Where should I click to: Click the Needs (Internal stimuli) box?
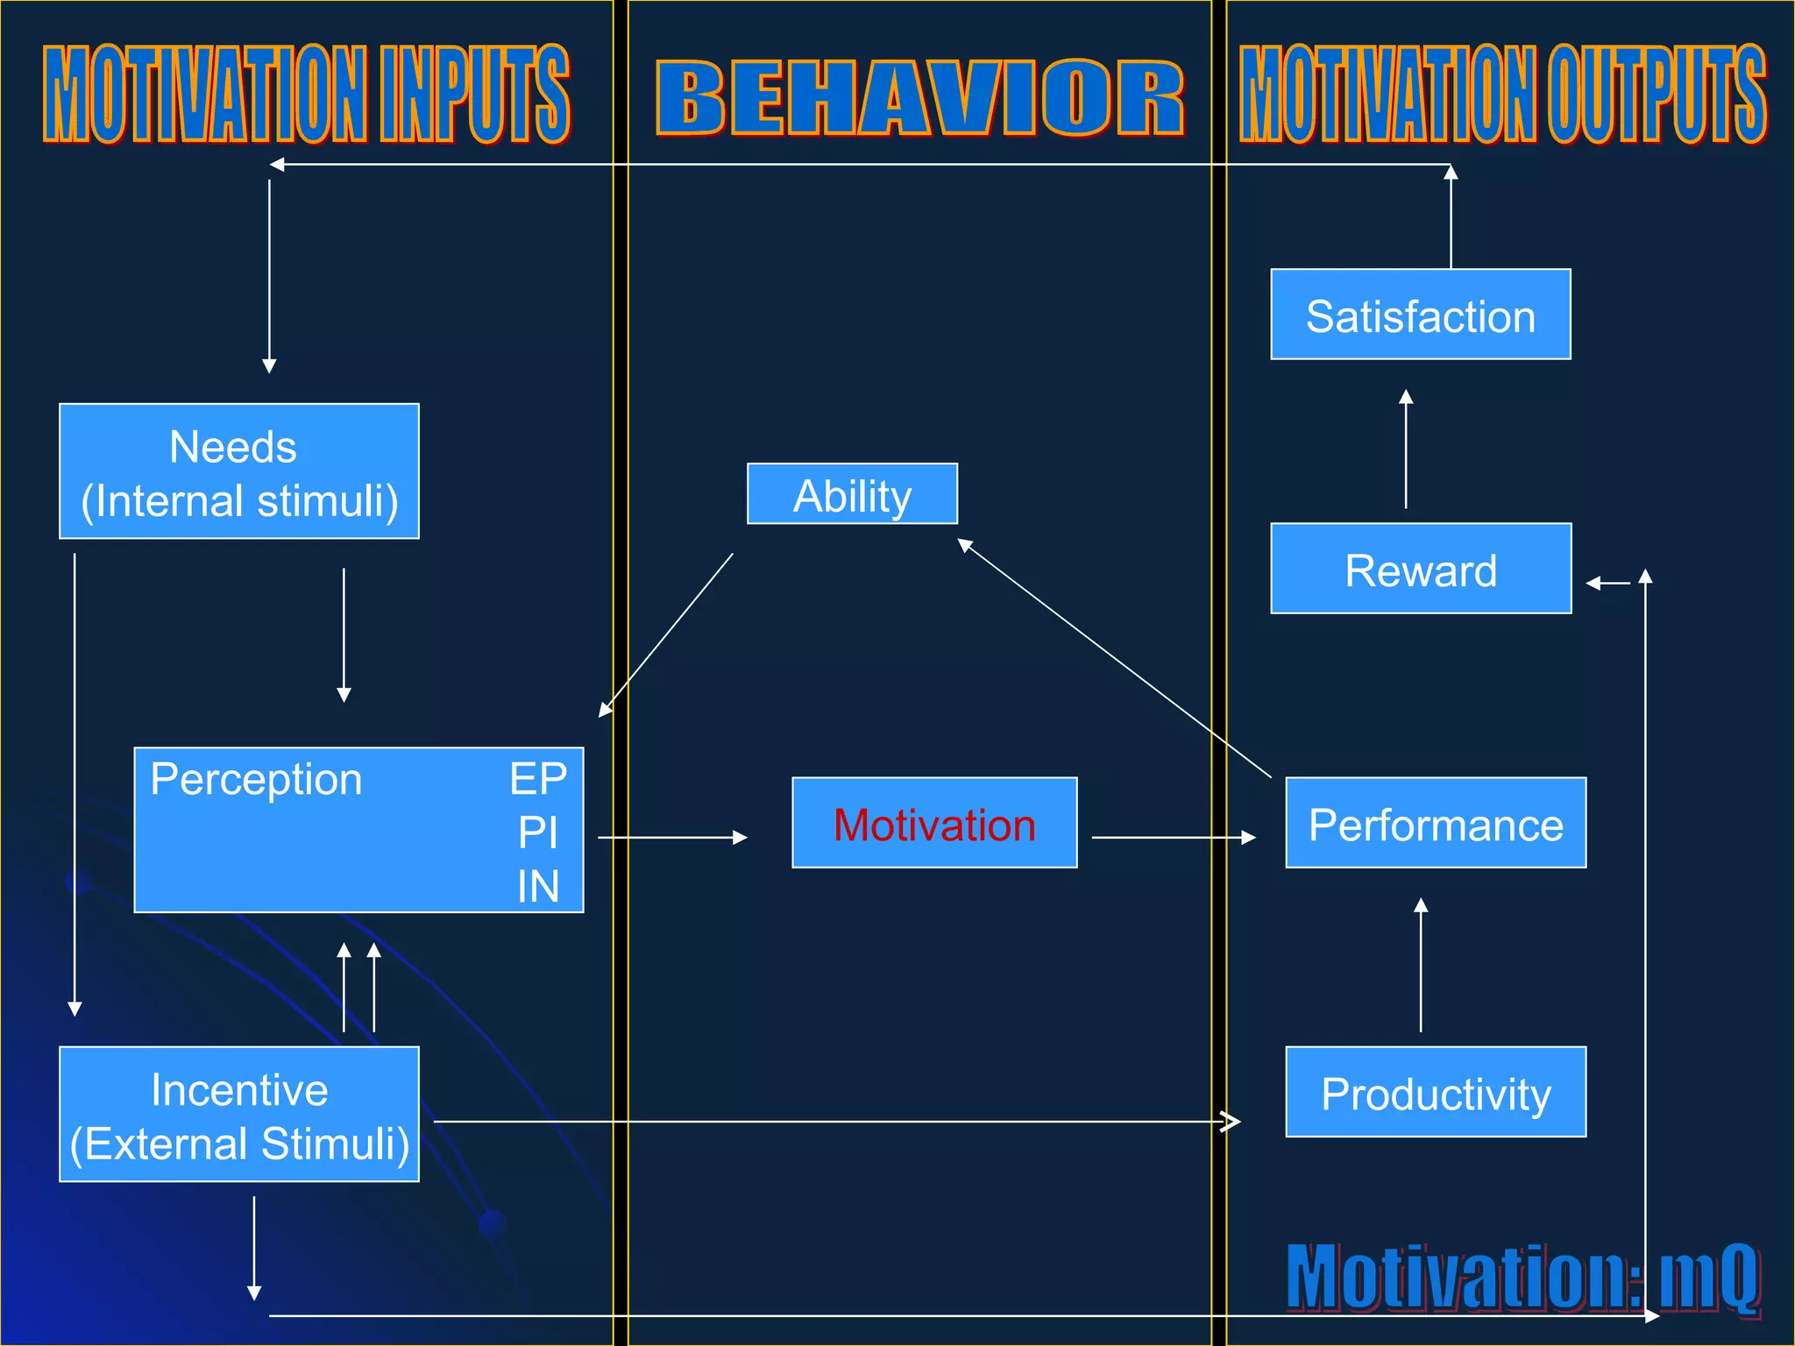[238, 471]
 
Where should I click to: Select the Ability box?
[852, 494]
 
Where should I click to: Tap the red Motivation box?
[934, 823]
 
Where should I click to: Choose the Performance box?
[1436, 823]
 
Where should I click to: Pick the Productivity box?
[1436, 1092]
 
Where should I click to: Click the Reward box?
[1421, 569]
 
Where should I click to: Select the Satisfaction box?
[1421, 315]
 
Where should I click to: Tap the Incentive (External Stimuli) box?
[238, 1115]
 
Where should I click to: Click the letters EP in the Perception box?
[538, 778]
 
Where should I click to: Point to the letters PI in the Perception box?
[537, 832]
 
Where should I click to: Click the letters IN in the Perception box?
[537, 886]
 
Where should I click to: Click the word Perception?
[256, 778]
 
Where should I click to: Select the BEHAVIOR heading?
[919, 98]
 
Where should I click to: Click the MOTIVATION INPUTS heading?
[307, 94]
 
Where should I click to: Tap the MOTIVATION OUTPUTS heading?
[1502, 94]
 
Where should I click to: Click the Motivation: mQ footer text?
[1522, 1276]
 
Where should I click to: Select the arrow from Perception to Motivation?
[672, 838]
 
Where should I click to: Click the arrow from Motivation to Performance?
[1173, 838]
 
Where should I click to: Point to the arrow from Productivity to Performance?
[1421, 965]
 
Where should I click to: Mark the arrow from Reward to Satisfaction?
[1406, 449]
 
